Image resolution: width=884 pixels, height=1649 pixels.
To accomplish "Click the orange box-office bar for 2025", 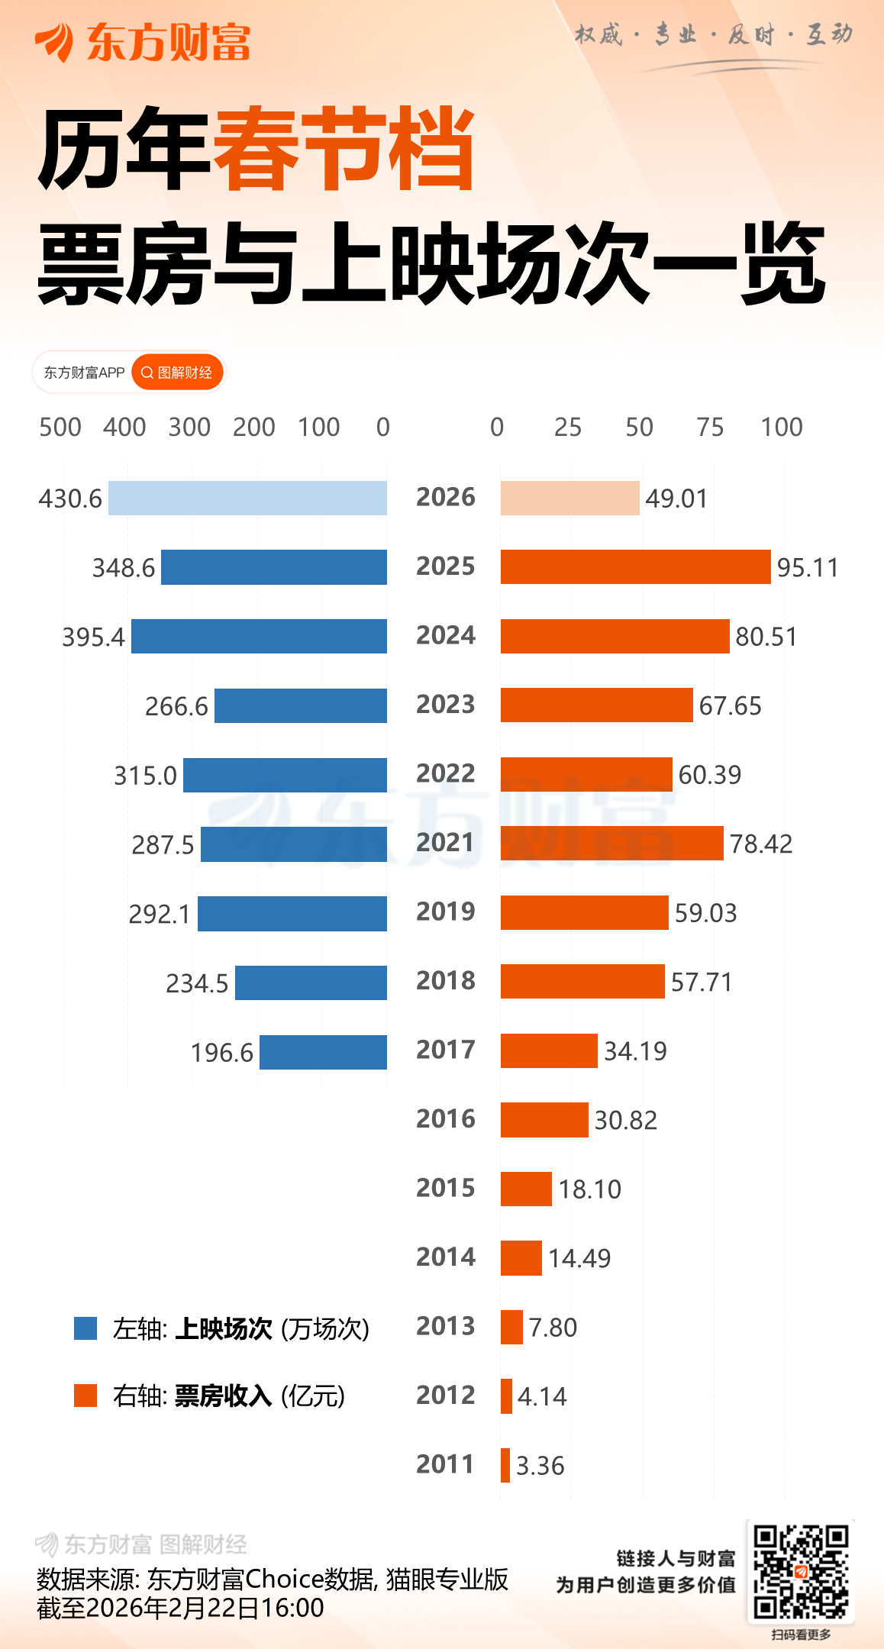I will click(635, 566).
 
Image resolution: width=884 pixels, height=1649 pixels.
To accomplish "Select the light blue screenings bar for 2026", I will click(247, 498).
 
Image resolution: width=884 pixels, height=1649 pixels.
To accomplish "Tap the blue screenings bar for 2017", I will click(323, 1052).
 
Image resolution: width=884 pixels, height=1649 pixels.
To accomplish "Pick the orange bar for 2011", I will click(505, 1465).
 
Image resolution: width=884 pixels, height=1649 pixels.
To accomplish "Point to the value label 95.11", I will click(808, 567).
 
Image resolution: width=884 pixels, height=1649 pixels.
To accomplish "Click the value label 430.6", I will click(70, 499).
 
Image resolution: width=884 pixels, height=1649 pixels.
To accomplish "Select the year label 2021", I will click(446, 842).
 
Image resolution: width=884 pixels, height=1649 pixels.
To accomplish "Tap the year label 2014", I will click(446, 1257).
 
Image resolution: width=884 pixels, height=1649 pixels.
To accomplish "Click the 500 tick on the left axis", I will click(60, 427).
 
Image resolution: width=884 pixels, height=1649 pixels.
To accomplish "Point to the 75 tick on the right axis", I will click(710, 427).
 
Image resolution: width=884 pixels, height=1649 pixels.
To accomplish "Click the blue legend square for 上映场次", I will click(85, 1328).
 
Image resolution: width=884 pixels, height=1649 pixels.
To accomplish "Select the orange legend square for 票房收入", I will click(85, 1395).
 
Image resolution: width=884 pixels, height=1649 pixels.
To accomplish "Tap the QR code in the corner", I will click(801, 1571).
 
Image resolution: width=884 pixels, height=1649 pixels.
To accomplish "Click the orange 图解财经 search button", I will click(177, 373).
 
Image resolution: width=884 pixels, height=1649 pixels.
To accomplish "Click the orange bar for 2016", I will click(544, 1119).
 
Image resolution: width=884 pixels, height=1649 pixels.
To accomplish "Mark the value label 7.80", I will click(553, 1327).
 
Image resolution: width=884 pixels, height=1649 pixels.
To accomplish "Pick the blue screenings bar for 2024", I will click(259, 636).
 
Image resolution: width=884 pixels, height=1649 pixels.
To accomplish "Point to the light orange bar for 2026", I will click(569, 498).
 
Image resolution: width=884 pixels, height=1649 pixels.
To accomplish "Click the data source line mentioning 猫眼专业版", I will click(273, 1579).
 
